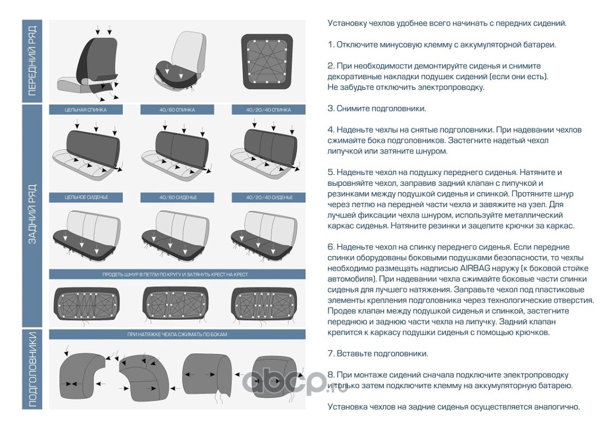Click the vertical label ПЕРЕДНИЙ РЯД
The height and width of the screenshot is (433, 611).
point(32,61)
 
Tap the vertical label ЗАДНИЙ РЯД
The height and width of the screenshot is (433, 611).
point(32,214)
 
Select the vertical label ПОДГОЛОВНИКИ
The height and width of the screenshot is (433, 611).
point(32,370)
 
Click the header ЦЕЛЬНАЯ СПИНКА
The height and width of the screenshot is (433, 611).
point(86,110)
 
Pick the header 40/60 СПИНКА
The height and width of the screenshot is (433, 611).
point(177,110)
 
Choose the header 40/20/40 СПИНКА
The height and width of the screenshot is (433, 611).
point(269,110)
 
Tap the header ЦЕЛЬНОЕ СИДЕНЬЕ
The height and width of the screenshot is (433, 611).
point(86,198)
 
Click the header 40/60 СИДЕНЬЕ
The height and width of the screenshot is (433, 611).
point(178,198)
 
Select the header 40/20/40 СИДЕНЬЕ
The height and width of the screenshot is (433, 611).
point(269,198)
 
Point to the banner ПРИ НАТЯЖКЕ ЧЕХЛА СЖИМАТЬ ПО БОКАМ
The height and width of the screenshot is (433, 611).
point(177,334)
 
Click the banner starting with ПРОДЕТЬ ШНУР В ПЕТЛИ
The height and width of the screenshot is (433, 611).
point(175,274)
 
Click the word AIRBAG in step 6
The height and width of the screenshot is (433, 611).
point(474,268)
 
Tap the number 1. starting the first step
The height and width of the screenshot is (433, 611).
point(331,44)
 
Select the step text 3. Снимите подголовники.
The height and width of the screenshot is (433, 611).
point(377,108)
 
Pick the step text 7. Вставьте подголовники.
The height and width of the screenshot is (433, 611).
point(377,353)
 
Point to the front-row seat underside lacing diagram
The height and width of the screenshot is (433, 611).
point(267,61)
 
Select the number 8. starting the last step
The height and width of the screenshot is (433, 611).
point(331,375)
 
